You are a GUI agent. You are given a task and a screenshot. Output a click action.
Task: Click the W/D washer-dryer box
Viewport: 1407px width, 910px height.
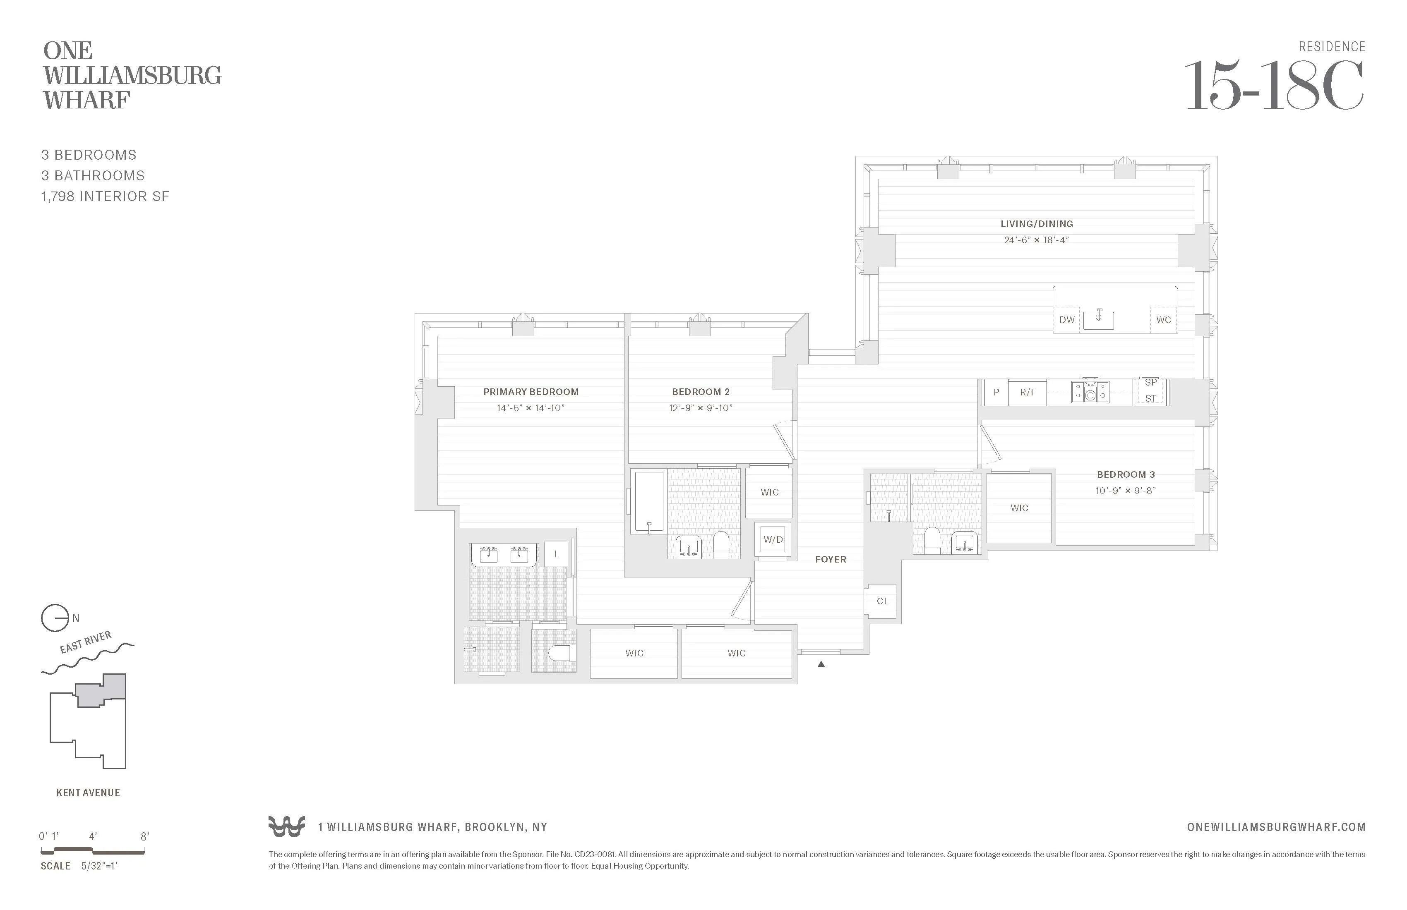coord(773,539)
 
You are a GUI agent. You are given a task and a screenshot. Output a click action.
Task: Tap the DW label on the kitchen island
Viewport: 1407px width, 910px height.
coord(1066,320)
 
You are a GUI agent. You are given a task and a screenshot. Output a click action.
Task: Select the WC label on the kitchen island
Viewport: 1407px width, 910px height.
coord(1163,320)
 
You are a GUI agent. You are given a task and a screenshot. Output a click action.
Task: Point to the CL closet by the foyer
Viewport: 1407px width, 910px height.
coord(882,601)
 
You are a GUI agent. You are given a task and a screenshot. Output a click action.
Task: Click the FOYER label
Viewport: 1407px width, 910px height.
coord(830,559)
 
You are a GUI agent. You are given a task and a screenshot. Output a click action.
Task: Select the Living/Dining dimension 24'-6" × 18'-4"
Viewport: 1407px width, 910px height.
coord(1036,240)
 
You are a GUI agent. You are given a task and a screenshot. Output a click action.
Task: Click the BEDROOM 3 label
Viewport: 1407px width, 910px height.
coord(1126,474)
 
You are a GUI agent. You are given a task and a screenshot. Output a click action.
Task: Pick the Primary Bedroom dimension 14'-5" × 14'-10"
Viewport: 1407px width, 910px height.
coord(530,408)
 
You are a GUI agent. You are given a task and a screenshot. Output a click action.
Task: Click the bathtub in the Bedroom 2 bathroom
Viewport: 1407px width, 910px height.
coord(648,501)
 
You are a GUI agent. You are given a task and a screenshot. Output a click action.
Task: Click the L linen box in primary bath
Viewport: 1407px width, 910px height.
coord(556,554)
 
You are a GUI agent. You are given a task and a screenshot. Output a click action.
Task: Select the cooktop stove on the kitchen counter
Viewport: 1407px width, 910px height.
coord(1090,391)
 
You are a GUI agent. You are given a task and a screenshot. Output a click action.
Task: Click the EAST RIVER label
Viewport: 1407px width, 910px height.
coord(85,642)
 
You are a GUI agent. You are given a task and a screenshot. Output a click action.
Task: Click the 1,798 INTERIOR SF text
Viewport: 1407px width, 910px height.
coord(105,196)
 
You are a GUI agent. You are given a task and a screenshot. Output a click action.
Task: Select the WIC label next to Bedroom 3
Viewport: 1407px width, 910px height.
coord(1019,508)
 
